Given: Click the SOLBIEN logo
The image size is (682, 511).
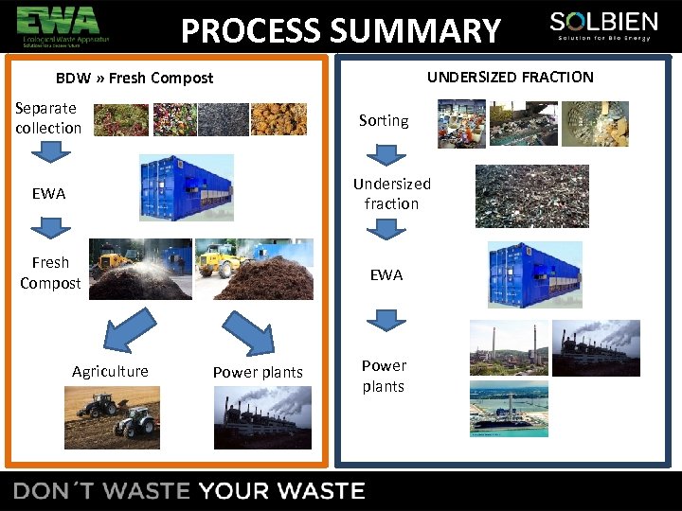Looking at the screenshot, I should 603,26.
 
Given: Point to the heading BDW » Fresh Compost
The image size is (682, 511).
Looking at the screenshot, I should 135,78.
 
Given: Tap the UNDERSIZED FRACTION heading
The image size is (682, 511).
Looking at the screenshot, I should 510,77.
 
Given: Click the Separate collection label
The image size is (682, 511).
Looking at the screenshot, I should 47,118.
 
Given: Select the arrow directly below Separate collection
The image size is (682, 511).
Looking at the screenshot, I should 49,150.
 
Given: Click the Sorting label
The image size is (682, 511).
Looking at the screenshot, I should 384,120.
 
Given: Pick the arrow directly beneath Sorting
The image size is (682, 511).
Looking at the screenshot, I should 386,153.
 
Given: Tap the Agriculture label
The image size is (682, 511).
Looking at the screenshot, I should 110,371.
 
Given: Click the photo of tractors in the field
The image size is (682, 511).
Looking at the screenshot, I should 112,416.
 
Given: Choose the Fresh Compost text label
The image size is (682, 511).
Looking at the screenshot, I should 50,273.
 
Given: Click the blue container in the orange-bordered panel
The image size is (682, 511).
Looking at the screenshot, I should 186,187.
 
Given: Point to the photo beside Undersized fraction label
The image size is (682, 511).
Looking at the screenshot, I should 531,196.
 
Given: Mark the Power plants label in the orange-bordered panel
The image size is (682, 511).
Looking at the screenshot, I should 258,372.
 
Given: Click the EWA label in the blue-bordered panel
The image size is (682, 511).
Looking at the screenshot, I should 386,274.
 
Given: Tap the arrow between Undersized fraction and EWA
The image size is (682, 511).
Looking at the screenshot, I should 386,228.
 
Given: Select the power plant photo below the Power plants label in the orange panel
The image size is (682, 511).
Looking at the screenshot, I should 263,417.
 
